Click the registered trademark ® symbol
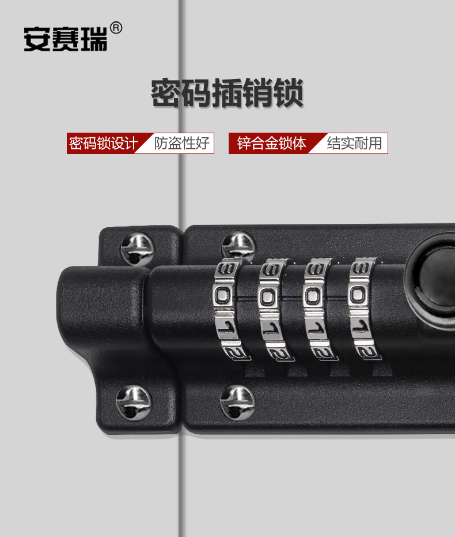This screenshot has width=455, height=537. (x=116, y=28)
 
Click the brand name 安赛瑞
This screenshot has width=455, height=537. (x=65, y=39)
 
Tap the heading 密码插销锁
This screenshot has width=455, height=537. (x=227, y=93)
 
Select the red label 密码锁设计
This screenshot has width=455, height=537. (x=103, y=143)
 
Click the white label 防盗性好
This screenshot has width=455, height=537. (x=182, y=143)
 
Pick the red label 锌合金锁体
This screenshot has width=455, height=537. (x=272, y=143)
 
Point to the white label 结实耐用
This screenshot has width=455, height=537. (x=354, y=143)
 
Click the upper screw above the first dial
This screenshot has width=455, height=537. (x=238, y=246)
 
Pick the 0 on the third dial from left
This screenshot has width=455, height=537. (x=313, y=296)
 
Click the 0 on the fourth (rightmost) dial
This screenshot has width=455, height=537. (x=358, y=295)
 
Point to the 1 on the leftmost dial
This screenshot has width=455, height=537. (x=226, y=328)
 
